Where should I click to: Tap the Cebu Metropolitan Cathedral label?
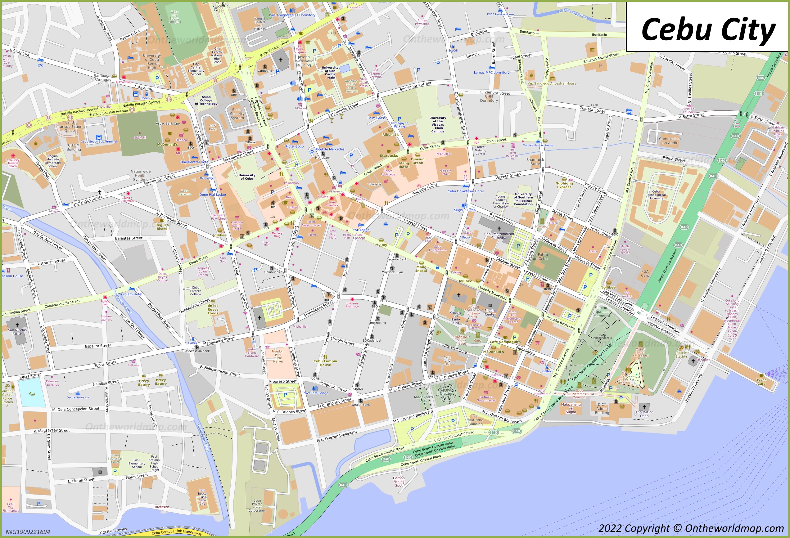(x=499, y=235)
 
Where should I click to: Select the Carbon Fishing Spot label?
(x=399, y=482)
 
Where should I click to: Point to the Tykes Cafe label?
(x=761, y=382)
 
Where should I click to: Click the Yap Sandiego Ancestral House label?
(x=552, y=83)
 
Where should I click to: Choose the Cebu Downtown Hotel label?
(x=465, y=191)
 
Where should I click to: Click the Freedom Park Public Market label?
(x=278, y=356)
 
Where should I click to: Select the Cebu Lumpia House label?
(x=325, y=363)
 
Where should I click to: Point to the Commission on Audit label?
(x=670, y=141)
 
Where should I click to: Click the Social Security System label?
(x=237, y=114)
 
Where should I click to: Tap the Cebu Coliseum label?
(x=185, y=192)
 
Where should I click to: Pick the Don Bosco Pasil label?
(x=202, y=497)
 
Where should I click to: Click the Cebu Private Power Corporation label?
(x=257, y=505)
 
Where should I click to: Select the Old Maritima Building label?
(x=475, y=420)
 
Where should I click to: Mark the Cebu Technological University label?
(x=656, y=195)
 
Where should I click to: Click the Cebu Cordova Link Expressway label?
(x=176, y=532)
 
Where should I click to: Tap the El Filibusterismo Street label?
(x=220, y=370)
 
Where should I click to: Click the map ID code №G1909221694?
(x=28, y=532)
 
